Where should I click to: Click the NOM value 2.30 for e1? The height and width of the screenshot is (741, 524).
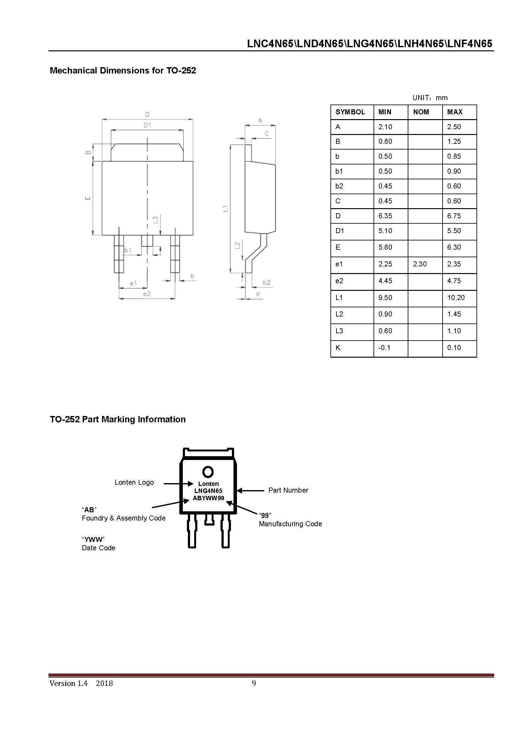click(x=419, y=264)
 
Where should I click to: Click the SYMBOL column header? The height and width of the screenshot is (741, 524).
click(x=350, y=112)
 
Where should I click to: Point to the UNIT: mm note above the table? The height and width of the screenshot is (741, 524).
click(x=430, y=98)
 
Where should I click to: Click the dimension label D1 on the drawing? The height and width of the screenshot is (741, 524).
click(x=147, y=125)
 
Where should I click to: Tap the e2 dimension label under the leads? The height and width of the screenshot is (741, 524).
click(x=147, y=294)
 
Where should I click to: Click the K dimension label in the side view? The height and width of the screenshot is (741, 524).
click(x=258, y=294)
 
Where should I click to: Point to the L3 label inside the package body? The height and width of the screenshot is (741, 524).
click(x=156, y=220)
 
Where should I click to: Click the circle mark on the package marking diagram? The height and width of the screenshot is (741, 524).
click(x=208, y=472)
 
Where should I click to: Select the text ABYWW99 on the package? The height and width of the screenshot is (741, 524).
click(x=208, y=498)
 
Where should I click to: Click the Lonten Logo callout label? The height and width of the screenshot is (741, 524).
click(x=134, y=482)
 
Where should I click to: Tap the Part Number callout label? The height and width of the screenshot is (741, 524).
click(x=288, y=490)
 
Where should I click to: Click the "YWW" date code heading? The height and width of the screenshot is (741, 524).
click(x=93, y=539)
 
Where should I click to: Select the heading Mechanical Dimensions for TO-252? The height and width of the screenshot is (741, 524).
click(x=123, y=71)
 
